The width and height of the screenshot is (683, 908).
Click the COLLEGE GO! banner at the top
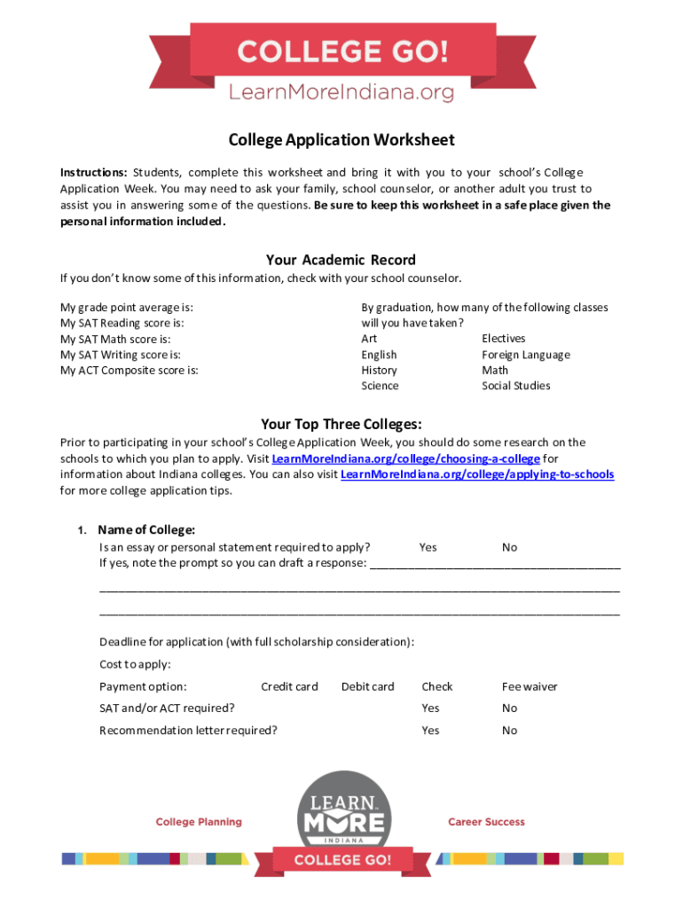tap(341, 51)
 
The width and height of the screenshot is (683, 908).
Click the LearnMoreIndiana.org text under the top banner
tap(341, 92)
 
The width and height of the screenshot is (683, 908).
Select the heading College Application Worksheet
tap(341, 140)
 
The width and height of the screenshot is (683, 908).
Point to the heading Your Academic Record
tap(341, 260)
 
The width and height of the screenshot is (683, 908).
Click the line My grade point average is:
tap(127, 307)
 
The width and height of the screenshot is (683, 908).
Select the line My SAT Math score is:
tap(115, 339)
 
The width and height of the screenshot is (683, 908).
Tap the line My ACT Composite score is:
tap(130, 371)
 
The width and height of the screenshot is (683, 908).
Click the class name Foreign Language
tap(526, 355)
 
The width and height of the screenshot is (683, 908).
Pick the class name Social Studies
tap(516, 386)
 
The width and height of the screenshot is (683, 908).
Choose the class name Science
tap(380, 386)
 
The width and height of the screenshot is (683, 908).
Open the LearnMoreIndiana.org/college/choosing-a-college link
tap(405, 458)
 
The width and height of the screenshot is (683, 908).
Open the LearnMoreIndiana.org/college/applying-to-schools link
tap(477, 474)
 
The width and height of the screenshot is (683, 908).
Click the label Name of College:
tap(146, 530)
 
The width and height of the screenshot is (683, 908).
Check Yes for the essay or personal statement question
tap(428, 548)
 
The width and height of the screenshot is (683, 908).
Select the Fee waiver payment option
tap(530, 686)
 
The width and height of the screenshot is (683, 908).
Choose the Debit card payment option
tap(367, 686)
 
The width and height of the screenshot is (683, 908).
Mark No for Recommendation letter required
tap(509, 731)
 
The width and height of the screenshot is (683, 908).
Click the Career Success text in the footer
tap(486, 822)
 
